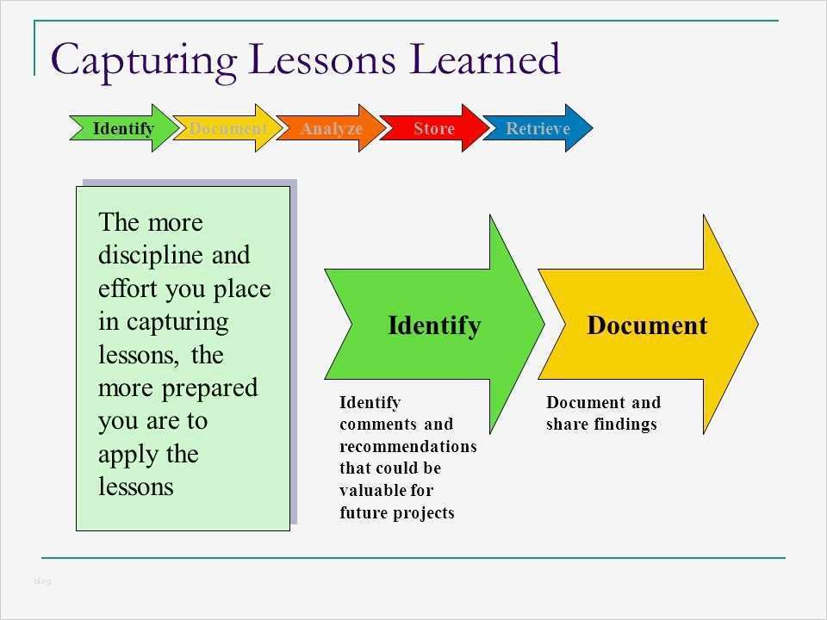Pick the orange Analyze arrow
(x=331, y=129)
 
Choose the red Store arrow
(x=433, y=129)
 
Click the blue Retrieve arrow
(x=538, y=129)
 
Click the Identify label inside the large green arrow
(x=434, y=326)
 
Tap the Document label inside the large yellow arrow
(x=647, y=325)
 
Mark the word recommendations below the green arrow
(x=407, y=447)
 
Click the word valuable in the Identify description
(x=373, y=491)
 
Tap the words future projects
(x=396, y=513)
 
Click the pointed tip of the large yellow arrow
(x=755, y=324)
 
